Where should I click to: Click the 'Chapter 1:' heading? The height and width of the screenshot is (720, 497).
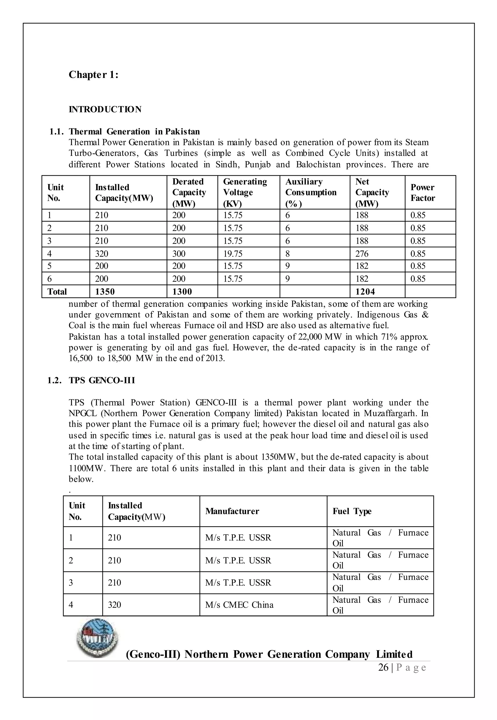pyautogui.click(x=93, y=75)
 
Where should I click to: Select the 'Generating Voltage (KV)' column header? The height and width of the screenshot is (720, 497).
pyautogui.click(x=245, y=193)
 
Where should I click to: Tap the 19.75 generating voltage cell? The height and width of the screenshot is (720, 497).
pyautogui.click(x=233, y=254)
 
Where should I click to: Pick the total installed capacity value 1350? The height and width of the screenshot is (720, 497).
pyautogui.click(x=105, y=292)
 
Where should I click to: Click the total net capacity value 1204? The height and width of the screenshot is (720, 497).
pyautogui.click(x=365, y=292)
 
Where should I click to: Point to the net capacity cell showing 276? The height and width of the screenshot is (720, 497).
pyautogui.click(x=362, y=254)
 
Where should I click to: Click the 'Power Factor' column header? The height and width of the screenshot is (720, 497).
pyautogui.click(x=422, y=193)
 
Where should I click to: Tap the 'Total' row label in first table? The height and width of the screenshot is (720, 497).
pyautogui.click(x=57, y=292)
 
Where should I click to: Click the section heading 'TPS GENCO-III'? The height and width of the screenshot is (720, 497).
pyautogui.click(x=102, y=381)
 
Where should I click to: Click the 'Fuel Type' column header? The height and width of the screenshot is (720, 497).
pyautogui.click(x=352, y=511)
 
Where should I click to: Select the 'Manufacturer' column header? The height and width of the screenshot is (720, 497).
pyautogui.click(x=232, y=511)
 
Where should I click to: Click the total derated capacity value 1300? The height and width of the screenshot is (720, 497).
pyautogui.click(x=182, y=292)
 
